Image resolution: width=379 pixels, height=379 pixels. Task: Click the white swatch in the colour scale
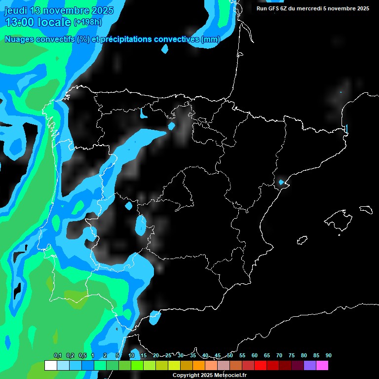(50, 365)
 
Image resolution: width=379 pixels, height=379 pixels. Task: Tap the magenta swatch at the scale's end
(322, 365)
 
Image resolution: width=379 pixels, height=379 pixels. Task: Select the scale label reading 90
(328, 355)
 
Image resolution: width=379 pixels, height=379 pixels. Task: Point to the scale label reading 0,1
(58, 355)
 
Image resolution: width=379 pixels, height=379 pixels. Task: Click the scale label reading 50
(230, 355)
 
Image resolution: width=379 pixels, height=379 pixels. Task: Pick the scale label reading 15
(144, 355)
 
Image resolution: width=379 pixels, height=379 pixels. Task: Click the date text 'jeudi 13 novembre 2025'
(59, 11)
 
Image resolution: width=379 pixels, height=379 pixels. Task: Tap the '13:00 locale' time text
(38, 22)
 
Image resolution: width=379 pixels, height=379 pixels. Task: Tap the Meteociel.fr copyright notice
(209, 376)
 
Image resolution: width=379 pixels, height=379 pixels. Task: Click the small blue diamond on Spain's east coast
(281, 182)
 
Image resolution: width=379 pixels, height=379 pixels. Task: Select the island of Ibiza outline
(303, 240)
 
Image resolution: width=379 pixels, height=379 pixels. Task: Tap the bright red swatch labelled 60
(260, 365)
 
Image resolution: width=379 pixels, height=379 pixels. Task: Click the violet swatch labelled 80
(309, 365)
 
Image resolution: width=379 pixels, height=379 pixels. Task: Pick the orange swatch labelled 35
(198, 365)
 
